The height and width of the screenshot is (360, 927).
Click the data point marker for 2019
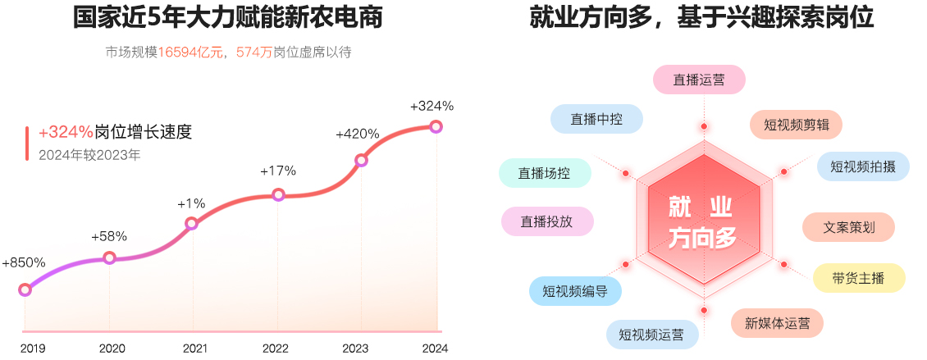25,289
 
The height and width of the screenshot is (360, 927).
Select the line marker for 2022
278,195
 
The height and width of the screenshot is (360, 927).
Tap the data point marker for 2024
436,126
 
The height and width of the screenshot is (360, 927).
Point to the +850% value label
24,263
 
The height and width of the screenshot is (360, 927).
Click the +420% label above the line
358,134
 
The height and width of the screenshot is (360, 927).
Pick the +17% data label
278,171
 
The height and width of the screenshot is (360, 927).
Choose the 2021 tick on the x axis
194,349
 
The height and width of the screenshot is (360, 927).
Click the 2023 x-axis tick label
356,349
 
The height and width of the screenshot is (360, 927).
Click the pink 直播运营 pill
699,80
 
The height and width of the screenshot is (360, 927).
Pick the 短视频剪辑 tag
796,125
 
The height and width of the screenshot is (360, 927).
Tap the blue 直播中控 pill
596,119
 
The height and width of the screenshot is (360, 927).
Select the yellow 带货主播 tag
859,278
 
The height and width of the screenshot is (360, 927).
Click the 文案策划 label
848,227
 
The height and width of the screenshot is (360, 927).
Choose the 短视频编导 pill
574,290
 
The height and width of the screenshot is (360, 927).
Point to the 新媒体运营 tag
777,323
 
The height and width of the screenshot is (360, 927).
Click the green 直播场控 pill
544,173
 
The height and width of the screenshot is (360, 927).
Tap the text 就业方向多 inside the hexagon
703,221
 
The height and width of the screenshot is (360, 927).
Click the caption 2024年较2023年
89,153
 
